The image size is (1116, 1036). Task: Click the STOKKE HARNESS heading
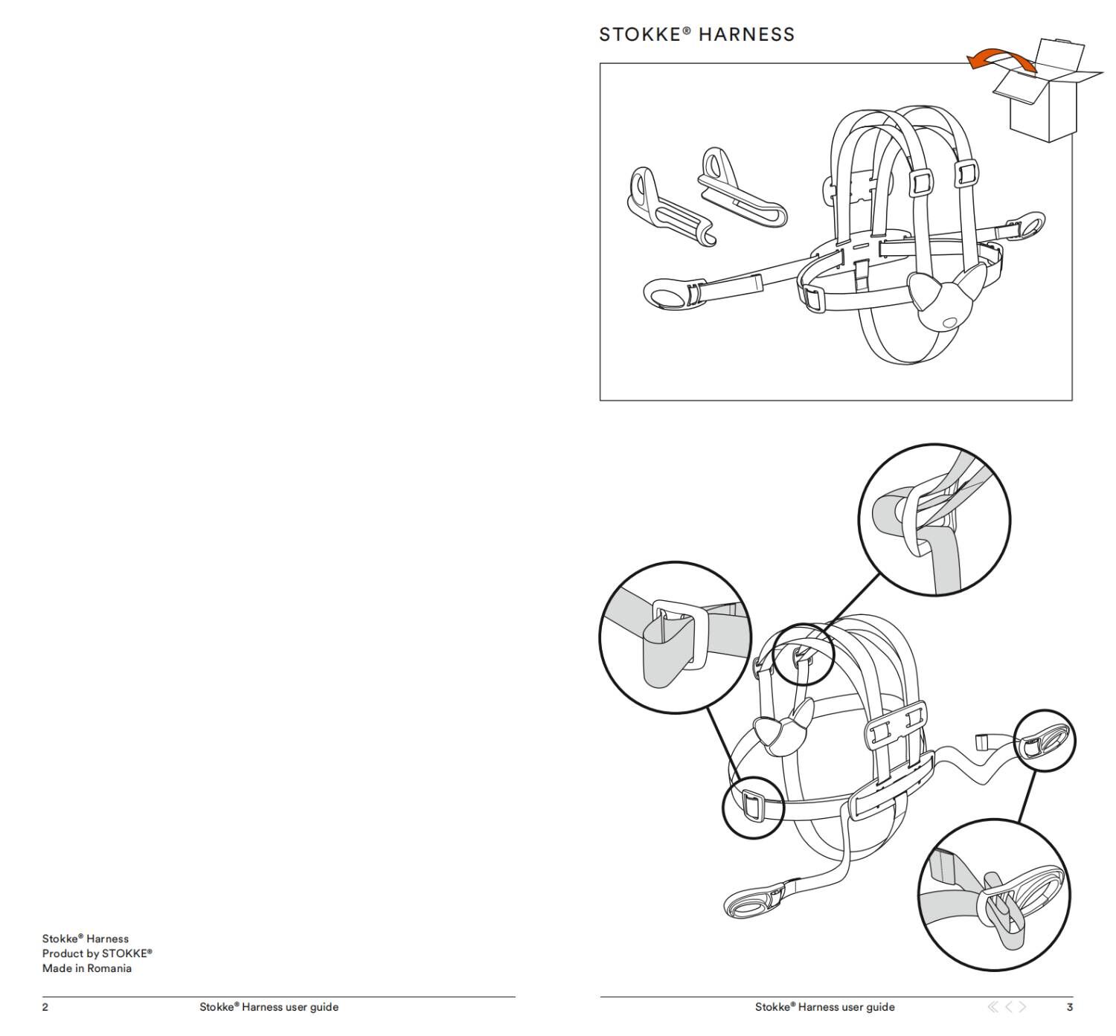pos(696,34)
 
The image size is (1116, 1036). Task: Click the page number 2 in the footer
pos(45,1007)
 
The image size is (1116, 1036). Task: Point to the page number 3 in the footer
pos(1069,1007)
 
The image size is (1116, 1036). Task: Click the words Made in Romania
pos(86,968)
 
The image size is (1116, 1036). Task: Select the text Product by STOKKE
pos(97,953)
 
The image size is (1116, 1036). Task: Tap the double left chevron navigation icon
pos(992,1007)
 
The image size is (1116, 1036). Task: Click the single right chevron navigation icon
pos(1023,1007)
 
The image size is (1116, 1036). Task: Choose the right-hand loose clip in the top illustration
pos(740,190)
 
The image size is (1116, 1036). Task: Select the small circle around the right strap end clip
pos(1045,740)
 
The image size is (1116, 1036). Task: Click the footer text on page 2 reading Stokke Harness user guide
pos(269,1007)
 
